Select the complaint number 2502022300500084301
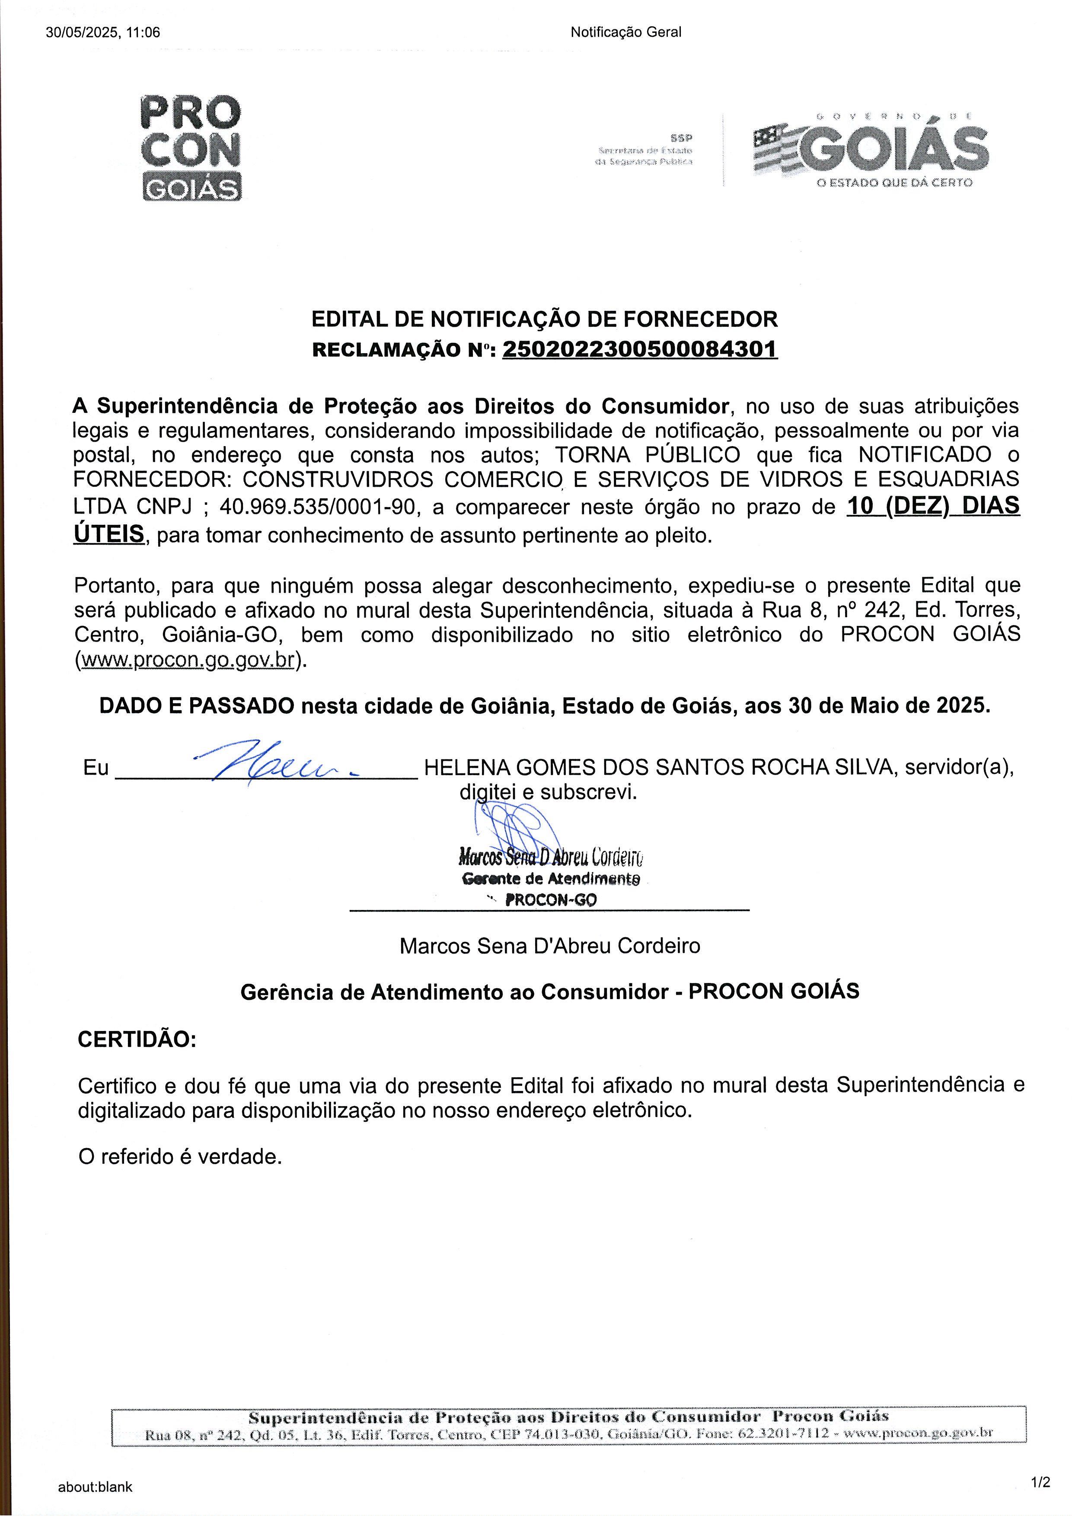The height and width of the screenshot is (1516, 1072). click(640, 348)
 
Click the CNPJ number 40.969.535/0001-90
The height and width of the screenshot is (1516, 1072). click(317, 507)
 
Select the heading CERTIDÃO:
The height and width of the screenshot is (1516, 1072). click(137, 1039)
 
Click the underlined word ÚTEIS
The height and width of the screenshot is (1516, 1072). click(108, 533)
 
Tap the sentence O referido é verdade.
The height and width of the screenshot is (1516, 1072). click(179, 1157)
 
